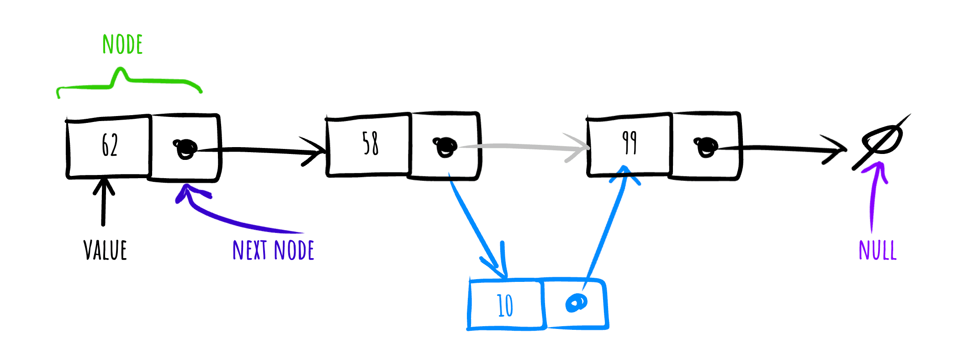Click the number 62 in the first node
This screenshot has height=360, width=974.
point(110,145)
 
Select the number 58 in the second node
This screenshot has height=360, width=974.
point(370,143)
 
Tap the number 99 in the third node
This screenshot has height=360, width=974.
point(630,143)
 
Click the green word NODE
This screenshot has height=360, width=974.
point(122,45)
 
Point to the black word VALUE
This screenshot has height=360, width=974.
point(105,250)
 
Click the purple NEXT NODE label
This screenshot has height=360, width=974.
point(273,250)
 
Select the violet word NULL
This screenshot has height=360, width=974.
point(878,250)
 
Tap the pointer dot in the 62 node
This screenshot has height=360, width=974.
point(185,148)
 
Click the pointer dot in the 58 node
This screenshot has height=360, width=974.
point(445,146)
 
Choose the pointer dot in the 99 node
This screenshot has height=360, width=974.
point(706,146)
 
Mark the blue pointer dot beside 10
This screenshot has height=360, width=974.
point(576,302)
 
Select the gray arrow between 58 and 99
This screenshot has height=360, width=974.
point(525,147)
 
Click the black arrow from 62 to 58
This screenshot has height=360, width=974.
point(265,150)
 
